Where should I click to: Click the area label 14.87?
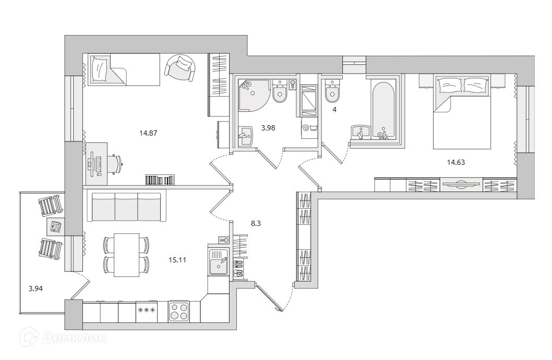148,133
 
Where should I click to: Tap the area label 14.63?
455,162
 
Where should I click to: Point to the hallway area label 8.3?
241,223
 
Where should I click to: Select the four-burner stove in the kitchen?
179,312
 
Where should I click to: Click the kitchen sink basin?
217,261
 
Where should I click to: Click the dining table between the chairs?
126,255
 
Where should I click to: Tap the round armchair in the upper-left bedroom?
181,68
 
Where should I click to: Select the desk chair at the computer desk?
115,163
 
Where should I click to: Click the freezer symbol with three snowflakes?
146,311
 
